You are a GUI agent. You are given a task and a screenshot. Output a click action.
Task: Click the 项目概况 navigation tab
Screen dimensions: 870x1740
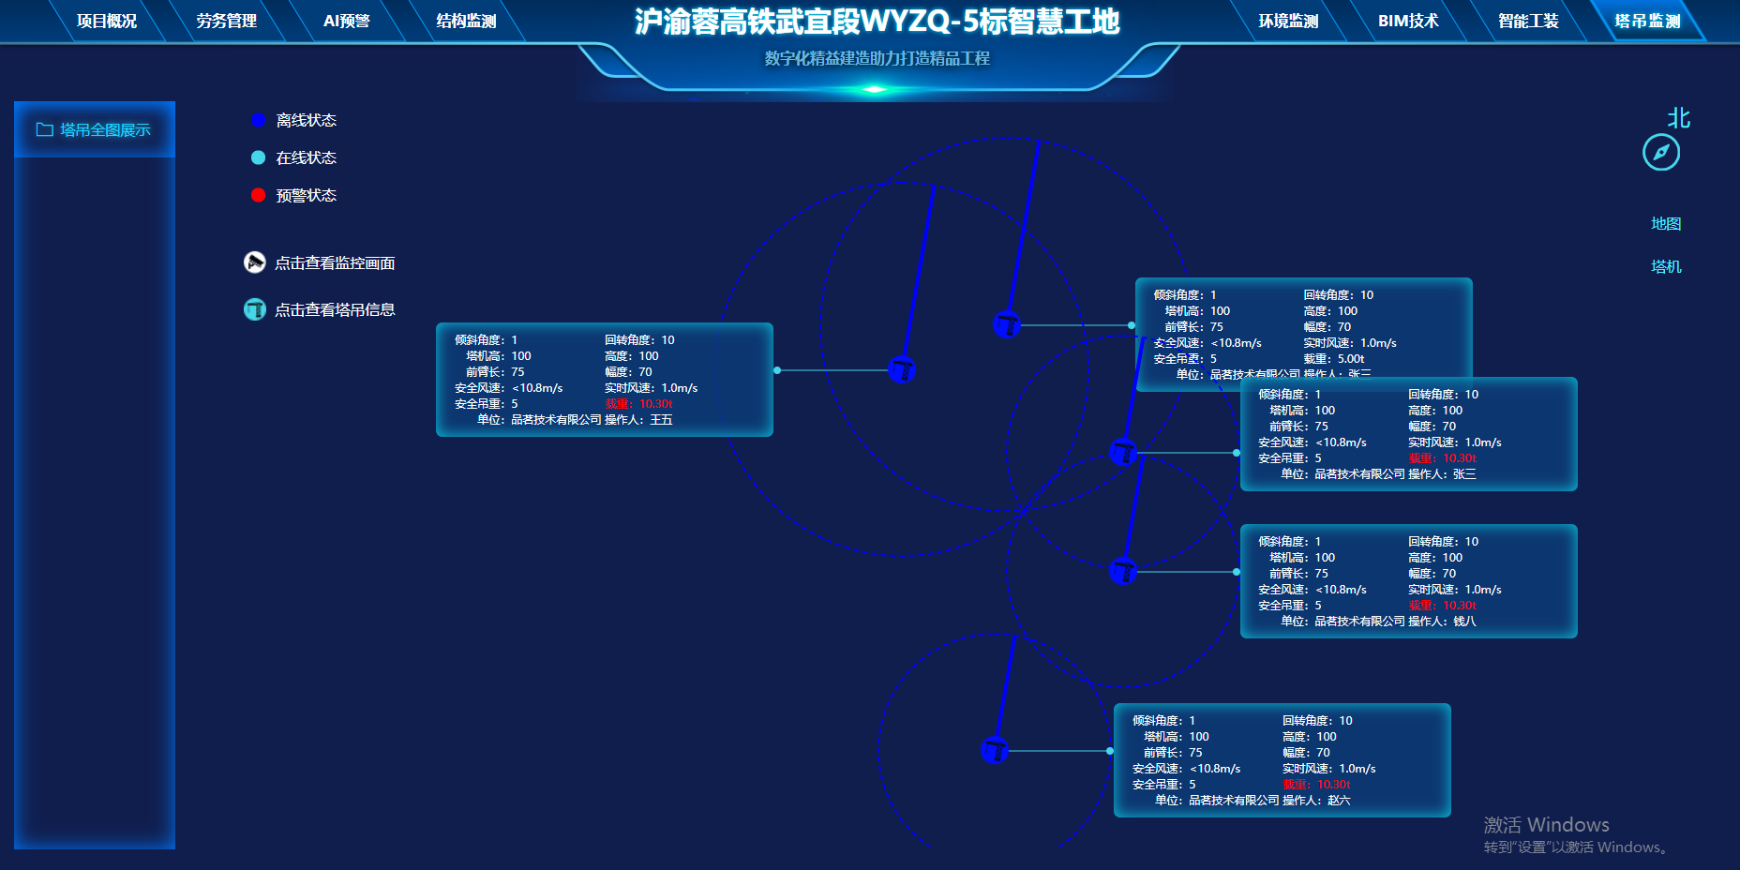click(x=107, y=21)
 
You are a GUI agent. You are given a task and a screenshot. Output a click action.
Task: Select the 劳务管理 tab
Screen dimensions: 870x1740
click(x=226, y=21)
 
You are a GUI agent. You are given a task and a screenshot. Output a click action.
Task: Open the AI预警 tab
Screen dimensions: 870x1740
click(x=346, y=21)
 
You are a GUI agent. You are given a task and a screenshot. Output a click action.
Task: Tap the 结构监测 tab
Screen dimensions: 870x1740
click(x=466, y=21)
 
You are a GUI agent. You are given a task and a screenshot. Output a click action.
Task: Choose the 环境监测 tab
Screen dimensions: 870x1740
click(x=1288, y=21)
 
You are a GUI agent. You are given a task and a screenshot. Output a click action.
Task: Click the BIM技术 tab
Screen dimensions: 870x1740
click(x=1408, y=21)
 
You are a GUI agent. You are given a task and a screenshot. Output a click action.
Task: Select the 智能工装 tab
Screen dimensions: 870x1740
click(x=1528, y=21)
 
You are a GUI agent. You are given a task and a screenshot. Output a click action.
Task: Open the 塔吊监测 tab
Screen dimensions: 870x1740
click(x=1647, y=21)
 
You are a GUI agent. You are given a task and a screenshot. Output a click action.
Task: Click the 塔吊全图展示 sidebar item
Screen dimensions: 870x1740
click(x=95, y=129)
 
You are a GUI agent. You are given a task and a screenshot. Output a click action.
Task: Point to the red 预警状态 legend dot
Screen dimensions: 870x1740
click(x=259, y=195)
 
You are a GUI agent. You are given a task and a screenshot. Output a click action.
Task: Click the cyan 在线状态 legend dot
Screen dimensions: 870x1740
click(x=259, y=157)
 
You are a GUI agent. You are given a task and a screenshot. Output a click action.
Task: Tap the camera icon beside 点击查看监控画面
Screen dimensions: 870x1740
click(x=255, y=262)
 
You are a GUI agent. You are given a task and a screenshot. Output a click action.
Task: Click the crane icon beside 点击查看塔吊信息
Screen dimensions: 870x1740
click(x=255, y=309)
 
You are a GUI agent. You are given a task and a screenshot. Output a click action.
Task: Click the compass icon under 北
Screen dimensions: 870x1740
click(x=1661, y=153)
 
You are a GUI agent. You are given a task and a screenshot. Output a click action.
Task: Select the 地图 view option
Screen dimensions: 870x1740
click(x=1666, y=223)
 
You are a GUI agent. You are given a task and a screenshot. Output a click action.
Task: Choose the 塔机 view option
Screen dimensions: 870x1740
click(x=1666, y=266)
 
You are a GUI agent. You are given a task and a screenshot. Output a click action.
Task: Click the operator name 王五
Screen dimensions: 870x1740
click(x=661, y=420)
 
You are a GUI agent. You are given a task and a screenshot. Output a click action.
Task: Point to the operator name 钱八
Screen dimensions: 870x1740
click(x=1464, y=622)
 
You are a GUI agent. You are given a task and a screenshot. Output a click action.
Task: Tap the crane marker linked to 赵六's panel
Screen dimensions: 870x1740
click(x=995, y=750)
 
